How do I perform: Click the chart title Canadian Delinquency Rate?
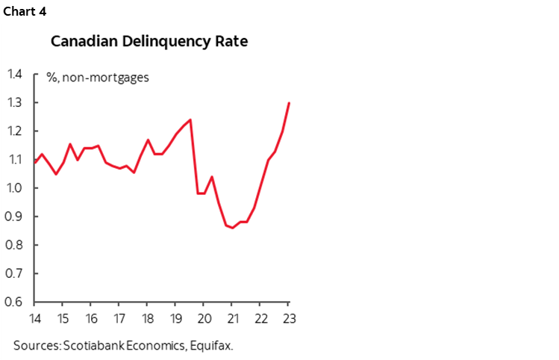coord(149,41)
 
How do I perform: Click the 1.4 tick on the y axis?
coord(15,74)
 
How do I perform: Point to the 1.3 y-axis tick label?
coord(15,102)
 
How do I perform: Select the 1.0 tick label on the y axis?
coord(15,188)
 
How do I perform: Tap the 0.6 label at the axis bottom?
coord(15,302)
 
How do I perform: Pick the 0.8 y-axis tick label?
coord(15,245)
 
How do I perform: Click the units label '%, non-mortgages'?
coord(97,77)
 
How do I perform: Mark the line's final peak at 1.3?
coord(289,103)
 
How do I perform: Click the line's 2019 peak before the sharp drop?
coord(190,120)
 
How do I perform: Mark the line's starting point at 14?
coord(34,162)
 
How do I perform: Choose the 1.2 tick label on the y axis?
coord(15,131)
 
